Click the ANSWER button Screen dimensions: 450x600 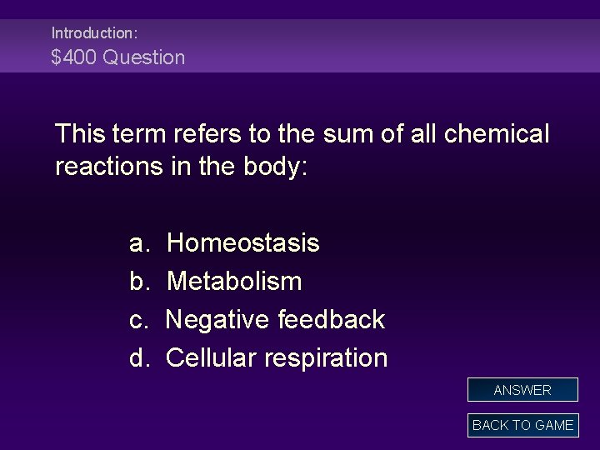(522, 390)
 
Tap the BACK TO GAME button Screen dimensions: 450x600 (522, 425)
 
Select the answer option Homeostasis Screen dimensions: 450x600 (242, 243)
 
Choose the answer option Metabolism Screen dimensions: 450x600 (234, 282)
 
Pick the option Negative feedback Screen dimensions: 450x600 (275, 319)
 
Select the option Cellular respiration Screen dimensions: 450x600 (277, 357)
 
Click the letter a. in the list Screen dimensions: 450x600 (138, 243)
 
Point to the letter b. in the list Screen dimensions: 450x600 (138, 282)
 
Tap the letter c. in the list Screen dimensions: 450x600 (138, 319)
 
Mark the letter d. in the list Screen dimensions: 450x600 (138, 357)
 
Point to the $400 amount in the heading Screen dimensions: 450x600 (72, 57)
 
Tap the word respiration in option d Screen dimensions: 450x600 (326, 357)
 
